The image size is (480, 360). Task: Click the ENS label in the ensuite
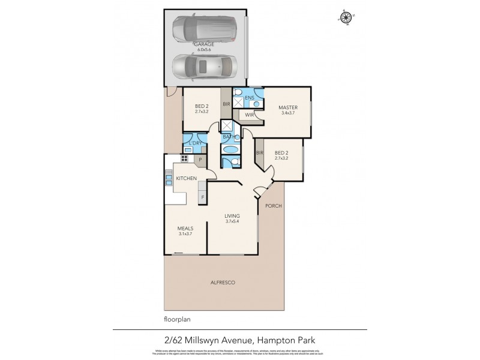click(x=250, y=97)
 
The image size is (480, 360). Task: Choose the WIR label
click(x=247, y=115)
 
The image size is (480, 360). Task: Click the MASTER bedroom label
click(x=287, y=107)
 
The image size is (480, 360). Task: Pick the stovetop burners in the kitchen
click(x=184, y=160)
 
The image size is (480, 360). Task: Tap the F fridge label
click(x=202, y=197)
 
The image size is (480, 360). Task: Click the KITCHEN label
click(x=186, y=179)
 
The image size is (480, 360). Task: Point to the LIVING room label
click(x=232, y=215)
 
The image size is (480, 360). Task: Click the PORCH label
click(x=274, y=206)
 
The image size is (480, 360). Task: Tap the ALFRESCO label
click(x=222, y=282)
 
